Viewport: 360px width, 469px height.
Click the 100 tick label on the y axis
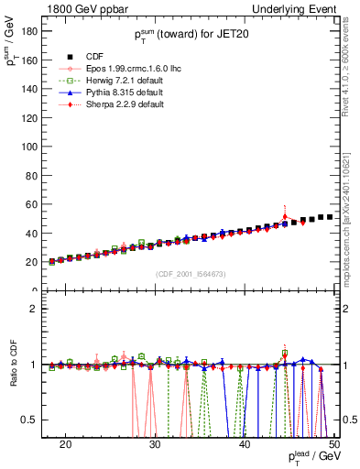(28, 146)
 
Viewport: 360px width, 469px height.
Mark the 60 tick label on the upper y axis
(31, 203)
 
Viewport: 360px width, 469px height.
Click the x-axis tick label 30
(155, 443)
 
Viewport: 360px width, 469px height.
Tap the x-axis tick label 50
(333, 443)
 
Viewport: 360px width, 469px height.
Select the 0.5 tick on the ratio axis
(29, 420)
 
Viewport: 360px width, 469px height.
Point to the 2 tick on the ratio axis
(35, 309)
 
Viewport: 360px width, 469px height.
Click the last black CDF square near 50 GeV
(330, 217)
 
